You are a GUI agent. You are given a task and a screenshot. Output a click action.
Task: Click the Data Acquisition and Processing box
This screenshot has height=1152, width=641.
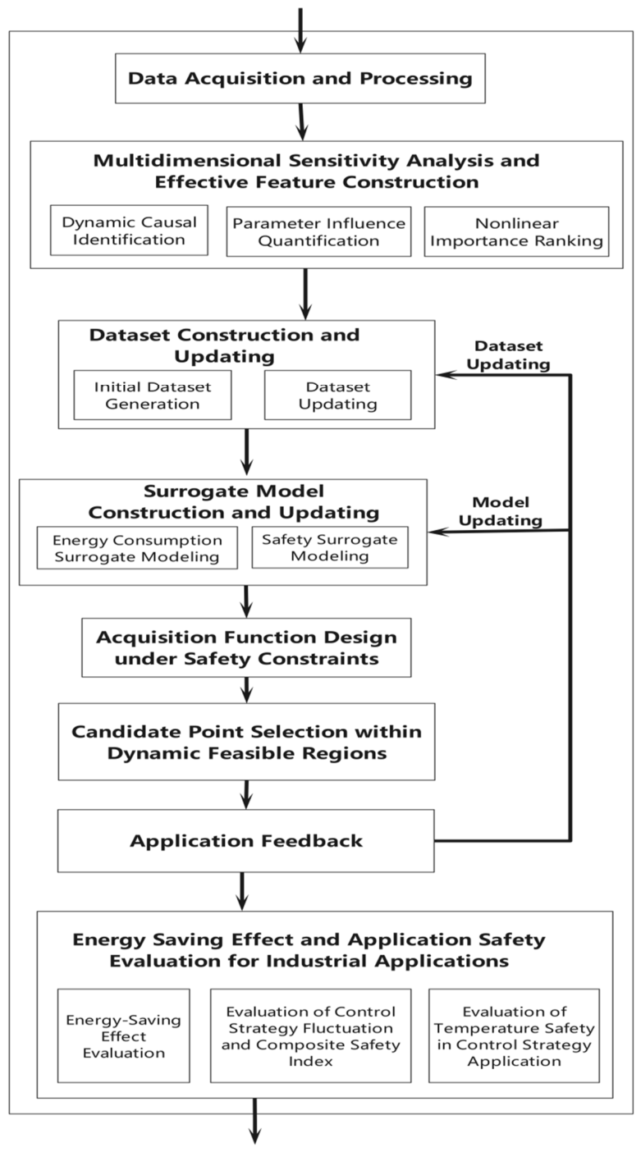(x=300, y=78)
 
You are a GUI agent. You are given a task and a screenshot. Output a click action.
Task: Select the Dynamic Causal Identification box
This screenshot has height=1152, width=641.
(x=129, y=231)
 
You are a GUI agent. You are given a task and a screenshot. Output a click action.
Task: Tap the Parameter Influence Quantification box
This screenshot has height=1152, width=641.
(x=319, y=231)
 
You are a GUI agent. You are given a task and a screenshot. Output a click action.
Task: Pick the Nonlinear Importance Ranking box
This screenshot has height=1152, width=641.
(x=516, y=231)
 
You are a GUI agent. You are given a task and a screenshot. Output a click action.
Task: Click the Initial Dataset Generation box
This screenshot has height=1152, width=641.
(x=153, y=395)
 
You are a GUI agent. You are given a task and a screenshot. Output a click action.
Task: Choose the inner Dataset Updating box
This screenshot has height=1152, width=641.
(x=338, y=395)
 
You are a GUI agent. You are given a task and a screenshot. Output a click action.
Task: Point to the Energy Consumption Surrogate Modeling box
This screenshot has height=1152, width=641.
(x=137, y=548)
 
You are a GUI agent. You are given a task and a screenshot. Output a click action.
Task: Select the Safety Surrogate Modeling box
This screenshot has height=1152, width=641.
(x=330, y=547)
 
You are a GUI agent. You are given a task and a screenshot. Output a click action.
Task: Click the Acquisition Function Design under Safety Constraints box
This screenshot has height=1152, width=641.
(x=246, y=647)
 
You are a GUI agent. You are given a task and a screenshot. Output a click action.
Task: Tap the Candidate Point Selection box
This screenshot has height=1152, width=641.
(x=246, y=742)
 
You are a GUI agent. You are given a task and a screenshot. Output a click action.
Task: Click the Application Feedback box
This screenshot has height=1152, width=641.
(x=246, y=841)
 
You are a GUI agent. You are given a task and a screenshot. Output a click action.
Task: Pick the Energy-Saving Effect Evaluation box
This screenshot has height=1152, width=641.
(x=123, y=1035)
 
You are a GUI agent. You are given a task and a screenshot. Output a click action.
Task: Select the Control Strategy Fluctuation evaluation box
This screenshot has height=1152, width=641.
(x=311, y=1035)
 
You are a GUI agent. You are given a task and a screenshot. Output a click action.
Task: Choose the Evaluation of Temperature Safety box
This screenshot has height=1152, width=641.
(x=515, y=1035)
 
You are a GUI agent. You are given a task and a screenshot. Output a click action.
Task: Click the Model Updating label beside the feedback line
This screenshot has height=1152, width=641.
(x=501, y=511)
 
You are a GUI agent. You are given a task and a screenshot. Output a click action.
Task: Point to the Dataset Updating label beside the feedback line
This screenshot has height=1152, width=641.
(x=508, y=354)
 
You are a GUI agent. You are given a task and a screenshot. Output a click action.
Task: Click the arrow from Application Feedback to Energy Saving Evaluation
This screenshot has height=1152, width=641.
(x=242, y=891)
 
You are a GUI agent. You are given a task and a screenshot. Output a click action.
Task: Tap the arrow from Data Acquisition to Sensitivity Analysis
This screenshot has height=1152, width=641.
(x=301, y=122)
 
